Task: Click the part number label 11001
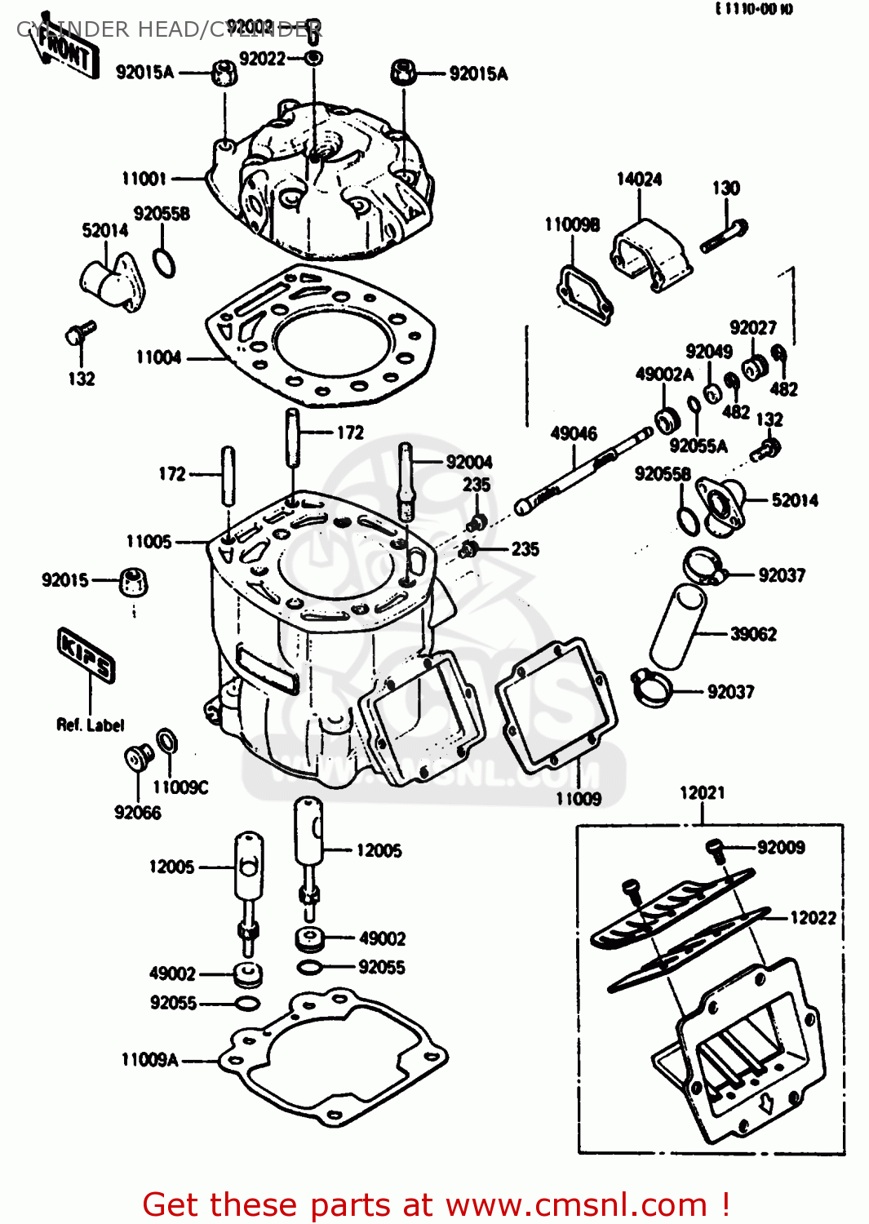[144, 179]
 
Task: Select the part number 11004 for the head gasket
[158, 357]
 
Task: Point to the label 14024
[639, 180]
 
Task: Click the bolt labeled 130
[724, 235]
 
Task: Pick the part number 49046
[574, 433]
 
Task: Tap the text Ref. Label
[90, 725]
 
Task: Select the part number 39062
[753, 634]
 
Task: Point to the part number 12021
[702, 792]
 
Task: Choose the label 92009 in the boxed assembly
[781, 848]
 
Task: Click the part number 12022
[813, 918]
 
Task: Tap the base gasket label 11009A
[149, 1060]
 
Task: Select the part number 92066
[137, 813]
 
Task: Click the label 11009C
[180, 787]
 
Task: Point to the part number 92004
[469, 463]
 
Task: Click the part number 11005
[149, 542]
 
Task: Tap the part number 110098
[572, 224]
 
